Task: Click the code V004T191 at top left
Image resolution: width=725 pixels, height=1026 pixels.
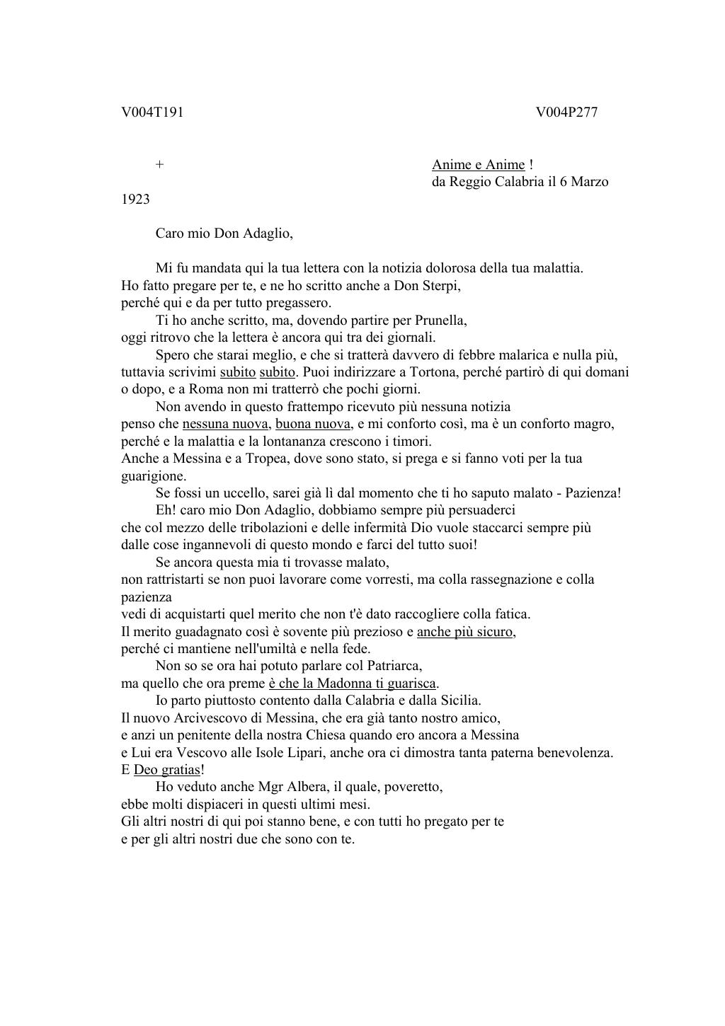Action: coord(152,112)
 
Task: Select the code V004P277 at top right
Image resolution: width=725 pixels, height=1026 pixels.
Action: coord(566,112)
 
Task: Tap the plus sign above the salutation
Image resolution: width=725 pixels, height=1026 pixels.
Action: coord(160,164)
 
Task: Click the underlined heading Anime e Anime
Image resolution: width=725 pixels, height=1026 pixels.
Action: coord(479,164)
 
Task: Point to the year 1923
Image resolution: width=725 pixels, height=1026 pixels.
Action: coord(135,199)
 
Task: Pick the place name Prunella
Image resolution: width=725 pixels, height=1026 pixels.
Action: coord(440,320)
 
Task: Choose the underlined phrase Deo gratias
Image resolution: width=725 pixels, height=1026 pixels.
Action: coord(167,769)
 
